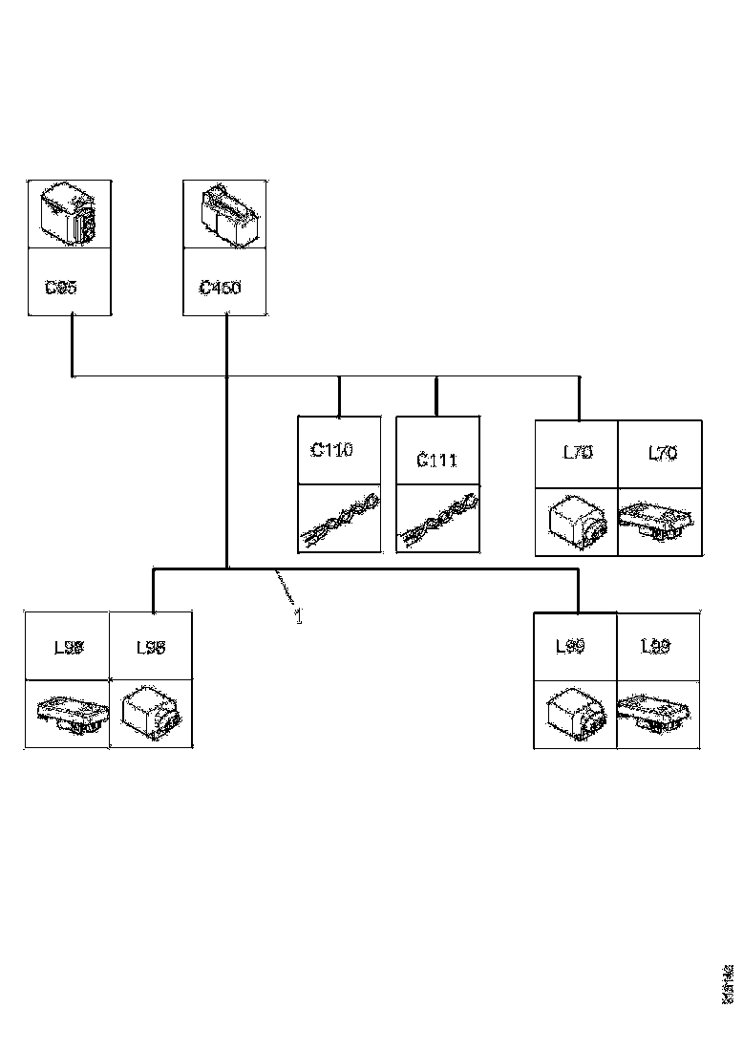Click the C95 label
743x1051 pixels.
click(61, 287)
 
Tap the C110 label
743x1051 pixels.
click(331, 450)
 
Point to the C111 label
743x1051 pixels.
click(436, 461)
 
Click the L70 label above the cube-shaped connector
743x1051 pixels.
click(577, 453)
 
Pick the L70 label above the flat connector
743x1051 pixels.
click(662, 453)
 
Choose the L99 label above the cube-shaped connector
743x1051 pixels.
click(571, 647)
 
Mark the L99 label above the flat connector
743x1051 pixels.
click(655, 647)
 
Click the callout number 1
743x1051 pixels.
click(298, 616)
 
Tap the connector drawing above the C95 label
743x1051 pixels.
click(70, 214)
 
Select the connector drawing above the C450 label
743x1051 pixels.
click(225, 214)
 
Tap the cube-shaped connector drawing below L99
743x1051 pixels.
click(573, 715)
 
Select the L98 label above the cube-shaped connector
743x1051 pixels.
click(150, 648)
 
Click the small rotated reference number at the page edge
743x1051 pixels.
click(727, 981)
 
